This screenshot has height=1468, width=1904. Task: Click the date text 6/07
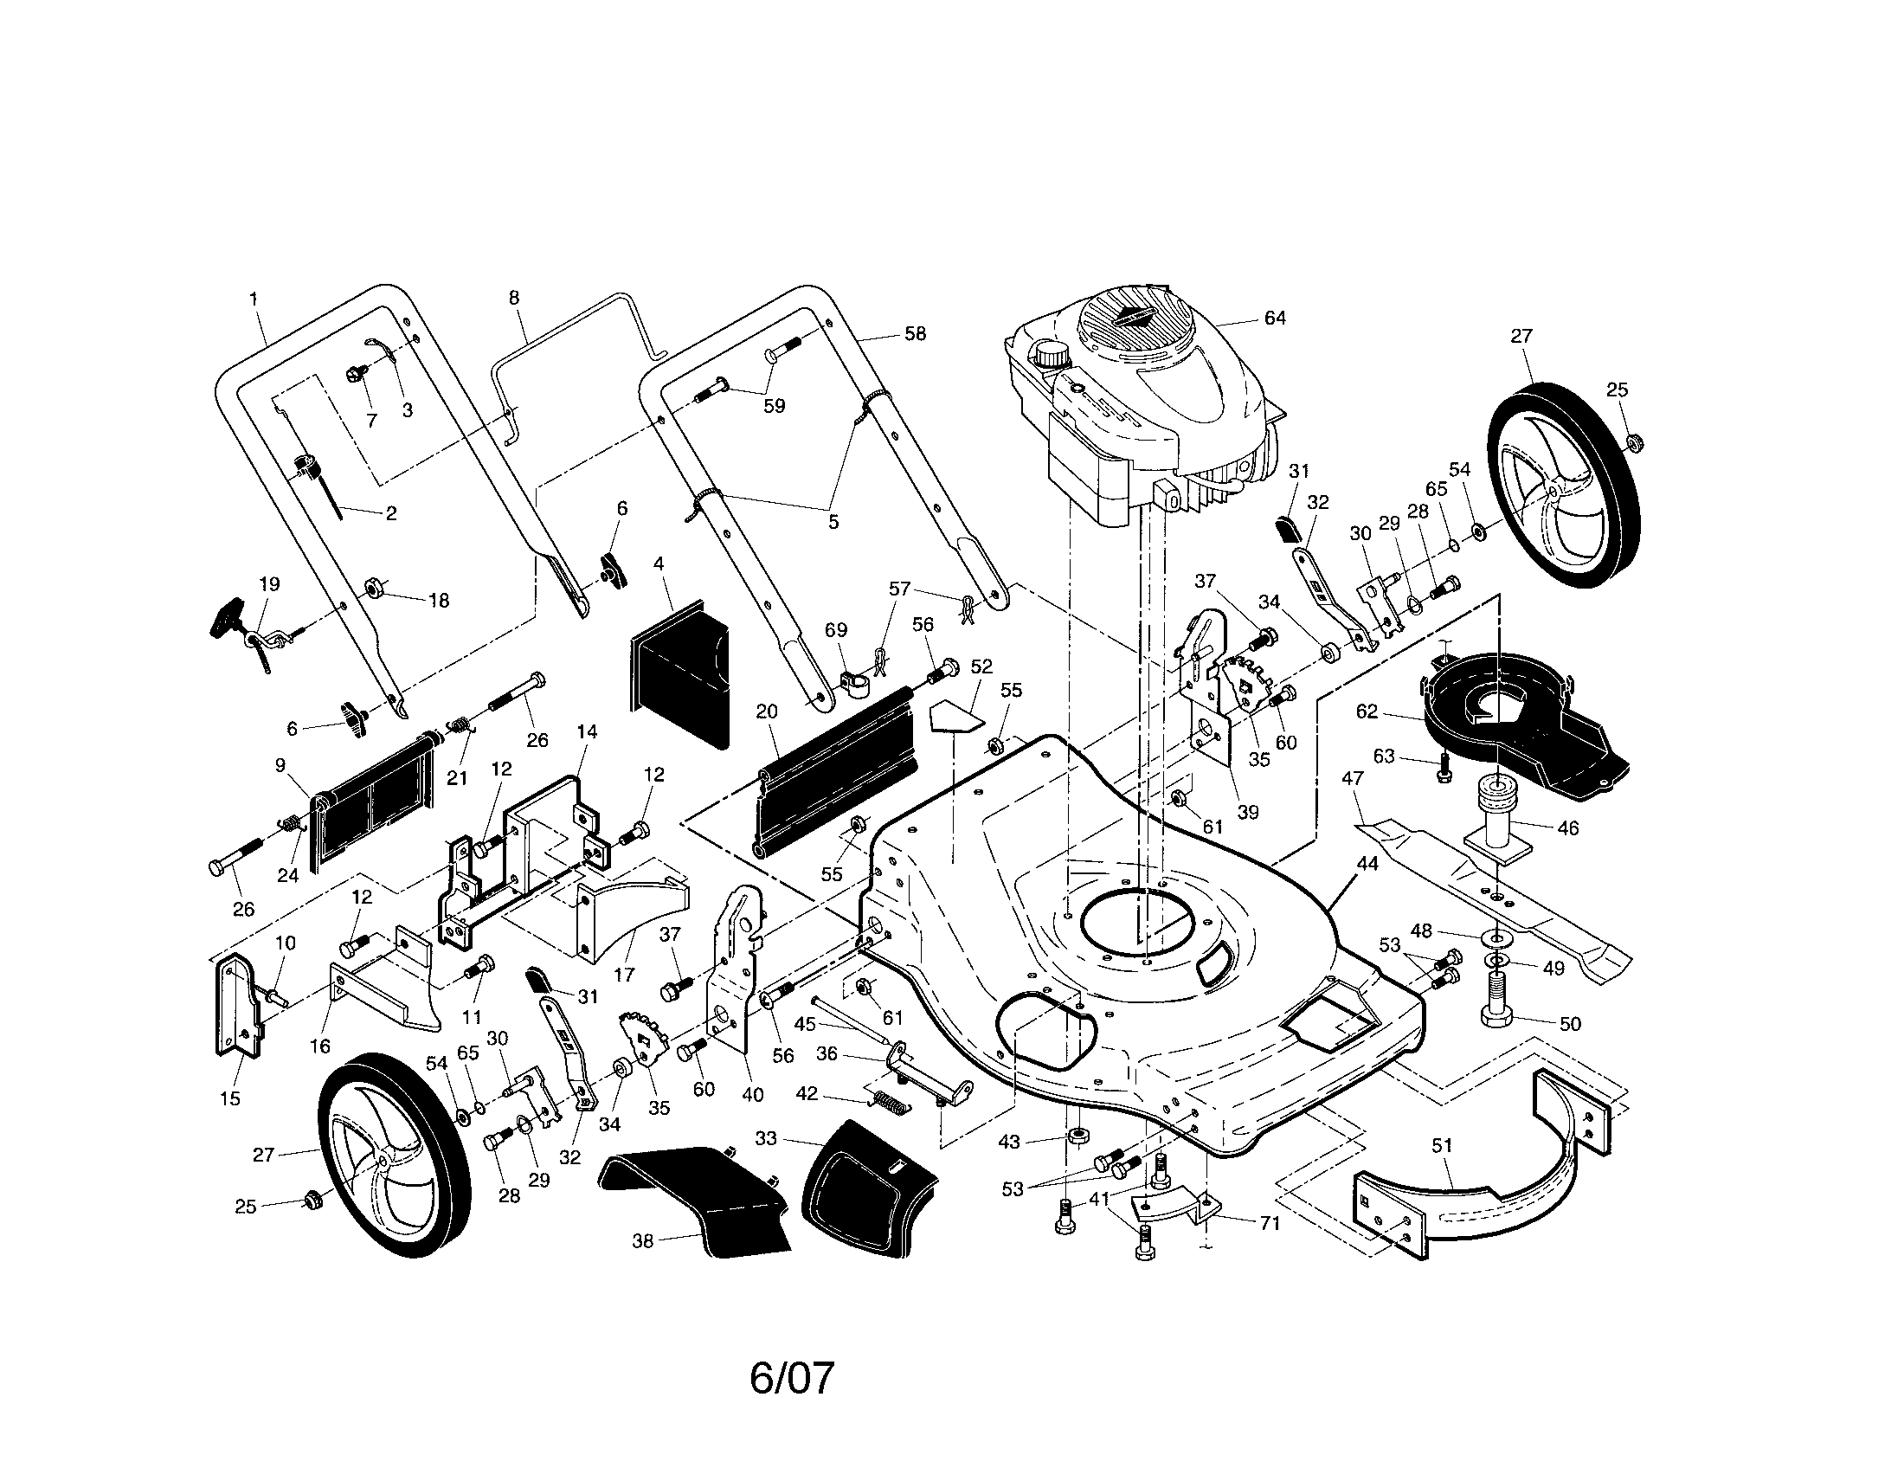point(792,1378)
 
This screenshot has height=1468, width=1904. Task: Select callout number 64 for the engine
point(1275,319)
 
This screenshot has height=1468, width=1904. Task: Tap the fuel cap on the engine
point(1051,355)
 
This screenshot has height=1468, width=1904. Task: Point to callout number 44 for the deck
point(1367,863)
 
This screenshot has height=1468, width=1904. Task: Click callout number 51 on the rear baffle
point(1443,1144)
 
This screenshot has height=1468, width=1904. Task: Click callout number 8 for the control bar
point(514,298)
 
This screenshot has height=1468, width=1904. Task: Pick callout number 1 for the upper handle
point(254,299)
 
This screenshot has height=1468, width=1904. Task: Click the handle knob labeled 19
point(228,616)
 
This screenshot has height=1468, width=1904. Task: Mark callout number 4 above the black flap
point(659,564)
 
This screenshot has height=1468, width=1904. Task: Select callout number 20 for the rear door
point(766,711)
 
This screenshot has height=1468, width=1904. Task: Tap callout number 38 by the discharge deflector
point(642,1240)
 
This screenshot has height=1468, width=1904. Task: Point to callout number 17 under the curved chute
point(624,975)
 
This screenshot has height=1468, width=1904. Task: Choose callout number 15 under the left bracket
point(230,1098)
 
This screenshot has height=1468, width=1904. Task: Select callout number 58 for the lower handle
point(915,334)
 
